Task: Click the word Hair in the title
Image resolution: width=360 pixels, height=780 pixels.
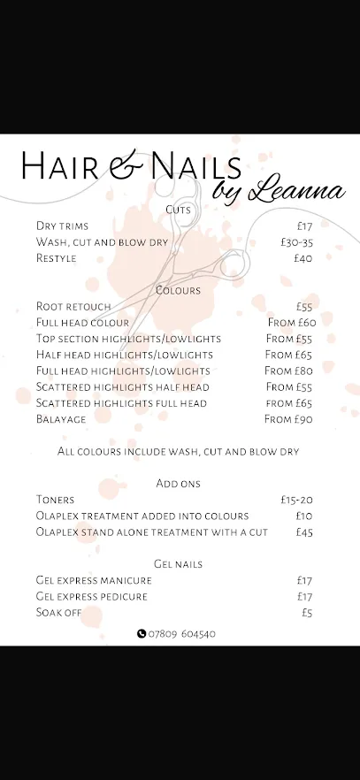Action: coord(57,165)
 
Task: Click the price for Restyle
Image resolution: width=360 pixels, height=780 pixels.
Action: coord(303,258)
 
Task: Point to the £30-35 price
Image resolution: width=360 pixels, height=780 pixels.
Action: coord(296,242)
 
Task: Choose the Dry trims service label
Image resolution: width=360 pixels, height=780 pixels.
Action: coord(62,226)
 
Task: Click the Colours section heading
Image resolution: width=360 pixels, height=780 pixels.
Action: coord(178,290)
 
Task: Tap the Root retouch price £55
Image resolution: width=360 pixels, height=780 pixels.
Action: coord(304,307)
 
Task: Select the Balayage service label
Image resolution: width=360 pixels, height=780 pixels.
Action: coord(61,419)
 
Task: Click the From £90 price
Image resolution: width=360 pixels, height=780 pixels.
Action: coord(288,419)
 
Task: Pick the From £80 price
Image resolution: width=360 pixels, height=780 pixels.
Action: coord(288,371)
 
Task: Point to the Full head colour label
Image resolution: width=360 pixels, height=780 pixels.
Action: coord(82,323)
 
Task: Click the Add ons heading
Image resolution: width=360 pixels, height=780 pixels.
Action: coord(178,484)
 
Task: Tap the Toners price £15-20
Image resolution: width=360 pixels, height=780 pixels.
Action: coord(296,500)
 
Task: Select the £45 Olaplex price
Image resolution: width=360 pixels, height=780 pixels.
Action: coord(304,532)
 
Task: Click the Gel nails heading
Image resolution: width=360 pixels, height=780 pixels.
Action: coord(178,564)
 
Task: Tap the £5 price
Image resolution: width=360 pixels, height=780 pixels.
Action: coord(307,612)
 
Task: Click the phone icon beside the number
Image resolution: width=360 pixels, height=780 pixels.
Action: coord(142,633)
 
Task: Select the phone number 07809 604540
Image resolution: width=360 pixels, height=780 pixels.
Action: coord(182,633)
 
